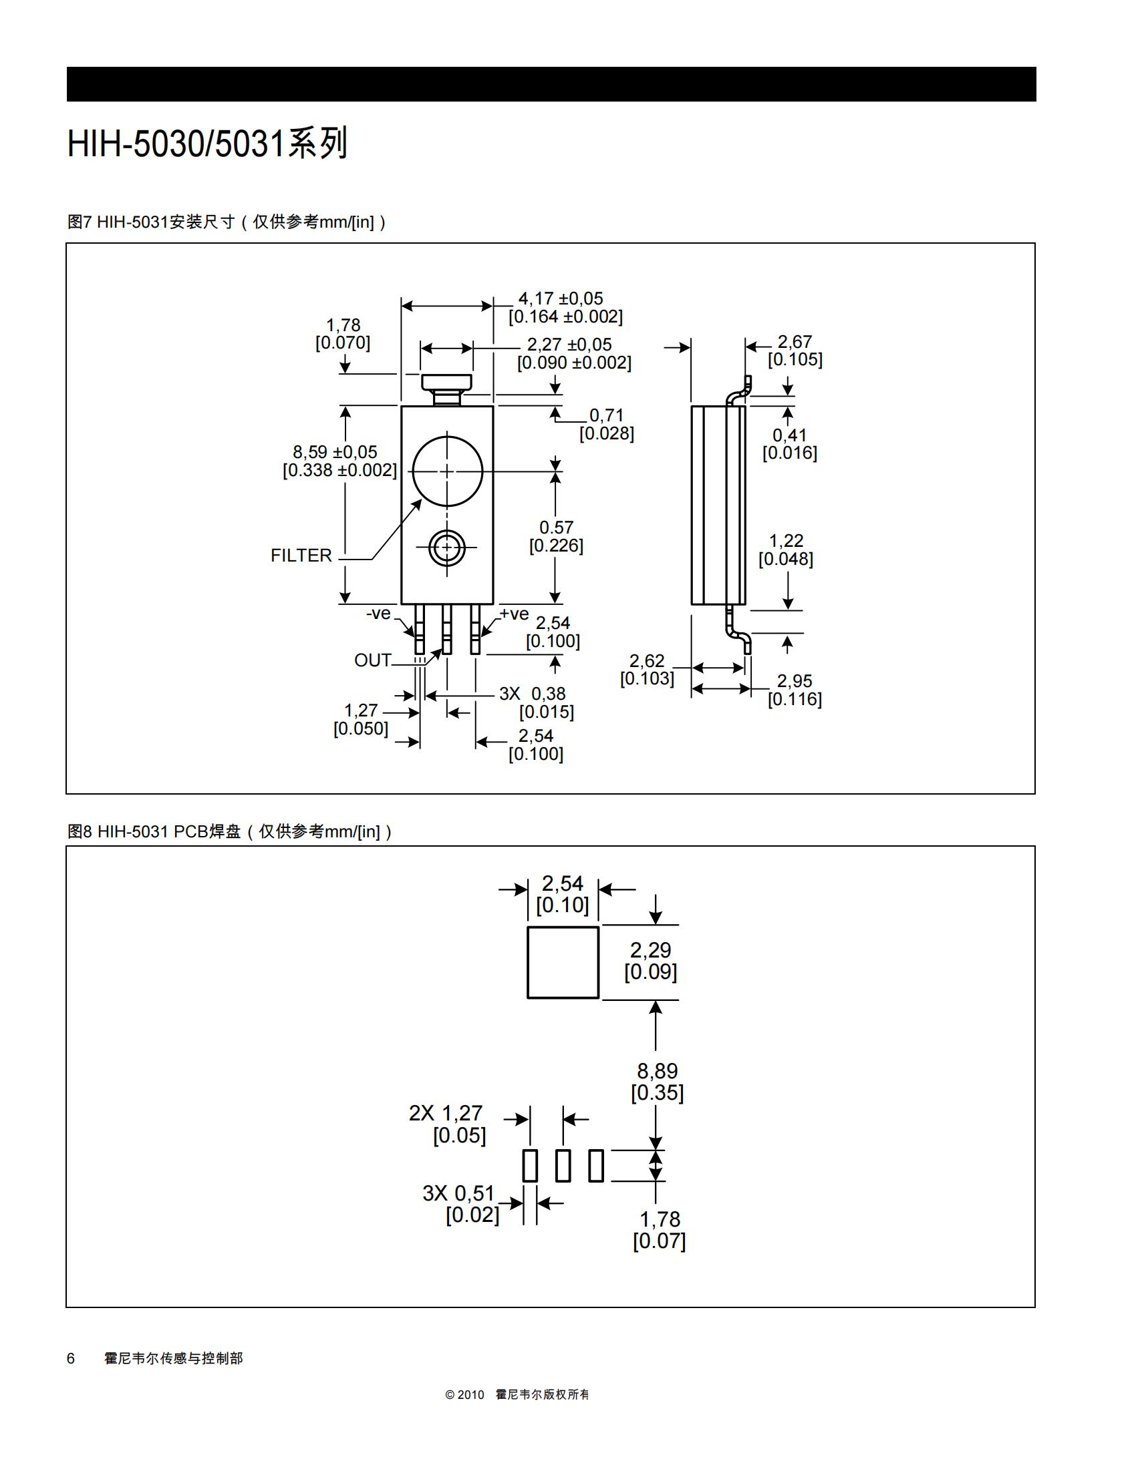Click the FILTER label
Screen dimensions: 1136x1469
pos(301,556)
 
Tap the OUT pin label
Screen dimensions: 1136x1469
pos(373,660)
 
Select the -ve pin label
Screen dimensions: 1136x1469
pos(378,614)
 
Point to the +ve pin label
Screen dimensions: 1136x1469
pos(514,614)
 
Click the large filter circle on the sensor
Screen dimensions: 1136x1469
pos(448,437)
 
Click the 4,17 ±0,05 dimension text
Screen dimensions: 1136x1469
pos(561,298)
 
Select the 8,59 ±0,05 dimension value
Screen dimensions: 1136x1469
pos(335,452)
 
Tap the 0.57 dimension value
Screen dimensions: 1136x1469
pos(557,528)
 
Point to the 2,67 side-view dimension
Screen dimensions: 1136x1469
pos(795,342)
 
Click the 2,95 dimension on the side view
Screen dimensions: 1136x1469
pos(795,681)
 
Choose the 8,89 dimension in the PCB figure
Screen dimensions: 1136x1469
pos(658,1071)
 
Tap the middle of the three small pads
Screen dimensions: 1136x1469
pos(563,1166)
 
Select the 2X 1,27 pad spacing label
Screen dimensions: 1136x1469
pos(446,1113)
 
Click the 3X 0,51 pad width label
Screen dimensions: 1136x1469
pos(458,1193)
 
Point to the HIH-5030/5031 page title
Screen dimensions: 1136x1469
pos(207,144)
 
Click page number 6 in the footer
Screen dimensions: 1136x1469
pos(71,1358)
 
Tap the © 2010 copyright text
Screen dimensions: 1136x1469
pos(464,1394)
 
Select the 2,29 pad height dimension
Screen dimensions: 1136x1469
pos(650,950)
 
